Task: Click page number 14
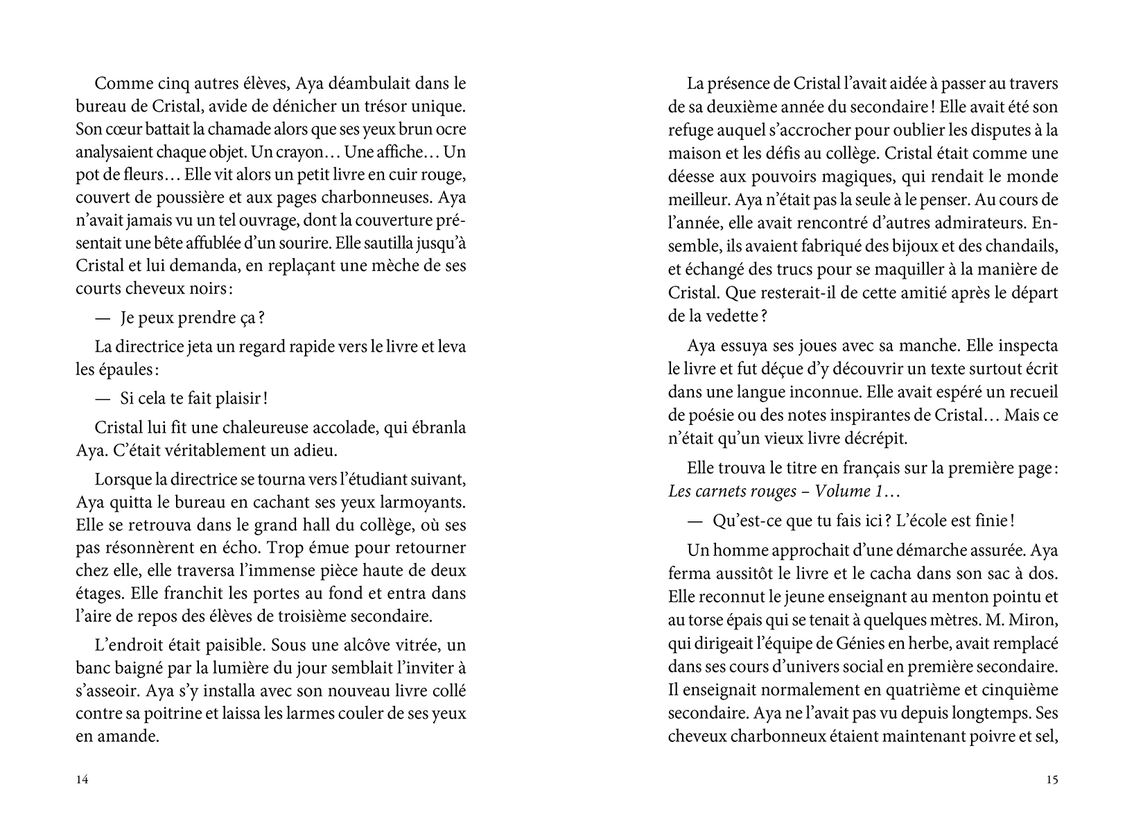82,780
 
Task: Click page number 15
1051,780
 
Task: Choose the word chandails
1018,246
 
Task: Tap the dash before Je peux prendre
102,318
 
